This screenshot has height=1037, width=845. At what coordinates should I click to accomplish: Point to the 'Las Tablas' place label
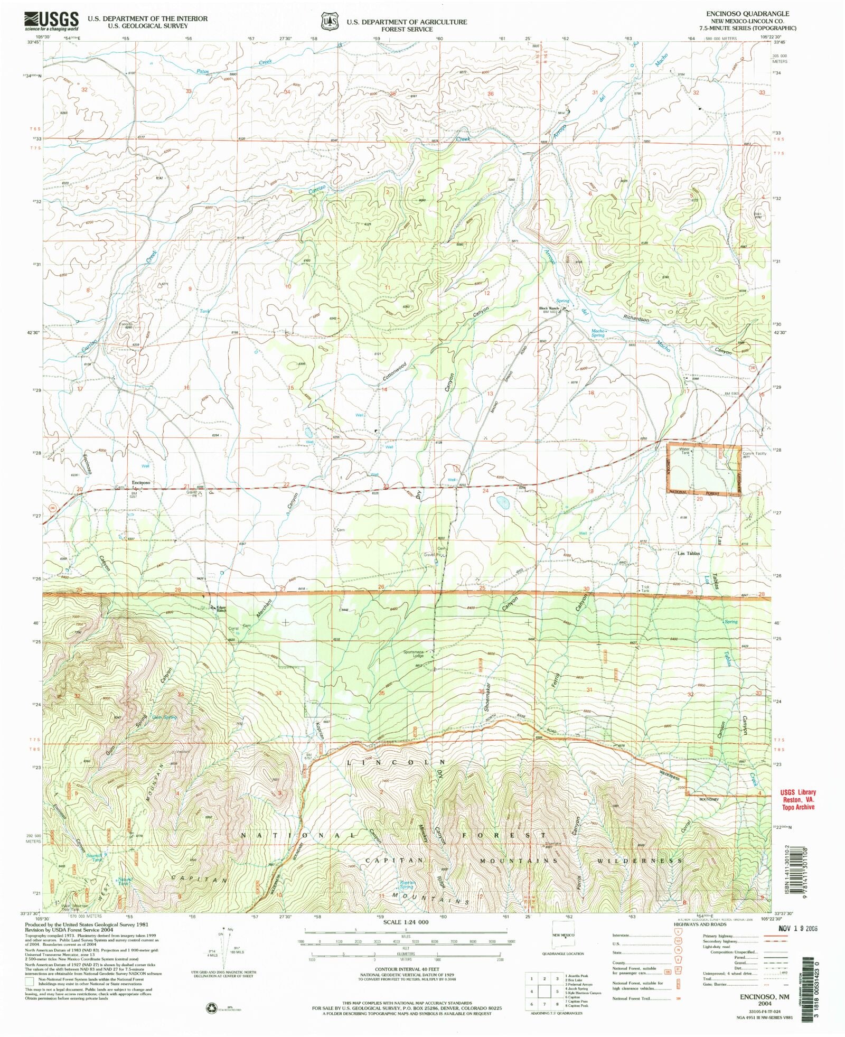pos(689,553)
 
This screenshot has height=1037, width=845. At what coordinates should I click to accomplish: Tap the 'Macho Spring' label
pos(598,333)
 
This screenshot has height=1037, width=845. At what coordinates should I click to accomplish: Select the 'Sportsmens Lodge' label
pos(414,653)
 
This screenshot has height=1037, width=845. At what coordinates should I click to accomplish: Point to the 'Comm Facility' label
pos(754,453)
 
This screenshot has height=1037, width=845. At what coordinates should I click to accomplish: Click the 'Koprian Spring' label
pos(407,884)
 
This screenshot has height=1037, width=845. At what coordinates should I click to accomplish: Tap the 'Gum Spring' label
pos(164,717)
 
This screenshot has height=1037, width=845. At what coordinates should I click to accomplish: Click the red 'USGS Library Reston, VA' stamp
pos(797,799)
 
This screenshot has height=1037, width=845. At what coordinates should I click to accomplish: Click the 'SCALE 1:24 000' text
pos(407,922)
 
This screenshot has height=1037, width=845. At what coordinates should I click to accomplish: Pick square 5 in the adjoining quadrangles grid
pos(544,991)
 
